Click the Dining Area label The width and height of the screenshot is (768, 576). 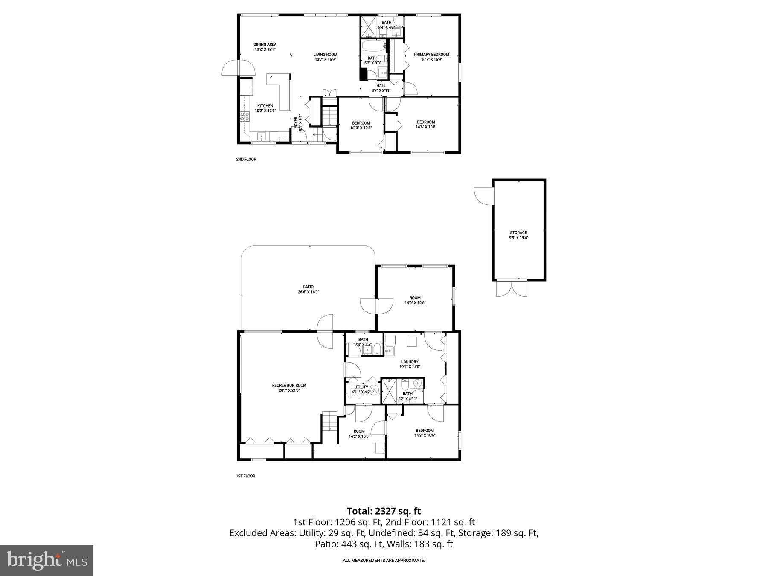(265, 44)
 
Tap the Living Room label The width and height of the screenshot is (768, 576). (325, 55)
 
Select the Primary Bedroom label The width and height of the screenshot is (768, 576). (431, 55)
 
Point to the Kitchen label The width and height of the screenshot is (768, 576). (265, 106)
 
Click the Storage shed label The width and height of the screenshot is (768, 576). (518, 233)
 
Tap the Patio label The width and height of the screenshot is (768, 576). (308, 287)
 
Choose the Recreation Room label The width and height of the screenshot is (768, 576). (289, 385)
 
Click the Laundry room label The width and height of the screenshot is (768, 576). (410, 362)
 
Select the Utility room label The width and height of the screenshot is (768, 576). (361, 387)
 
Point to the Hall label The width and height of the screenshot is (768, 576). (381, 86)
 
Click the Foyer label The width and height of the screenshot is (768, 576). (295, 122)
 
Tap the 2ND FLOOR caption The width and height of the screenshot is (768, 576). (246, 160)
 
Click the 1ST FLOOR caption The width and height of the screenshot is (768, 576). (246, 476)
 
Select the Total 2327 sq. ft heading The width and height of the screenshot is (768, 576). (384, 511)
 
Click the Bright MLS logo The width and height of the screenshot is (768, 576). (47, 560)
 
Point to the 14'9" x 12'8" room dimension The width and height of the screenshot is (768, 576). (415, 303)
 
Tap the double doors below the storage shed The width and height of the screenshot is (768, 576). (512, 288)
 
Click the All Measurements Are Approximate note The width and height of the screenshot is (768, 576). (384, 561)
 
